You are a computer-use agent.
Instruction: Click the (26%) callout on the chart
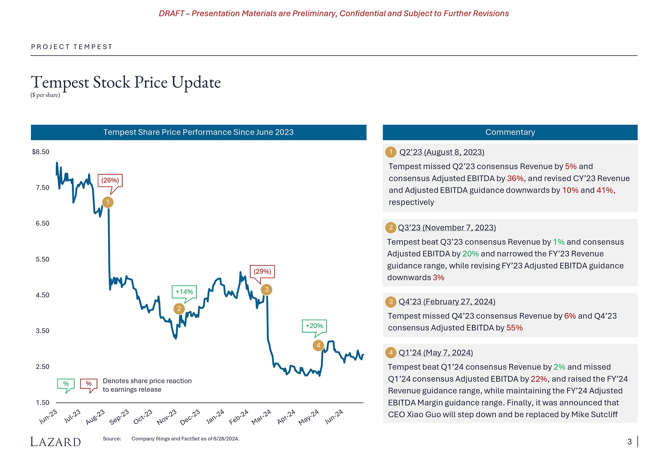[x=110, y=180]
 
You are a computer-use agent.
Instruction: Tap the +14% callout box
[x=184, y=292]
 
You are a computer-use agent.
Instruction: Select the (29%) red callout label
[x=262, y=271]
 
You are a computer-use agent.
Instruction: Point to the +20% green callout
[x=314, y=326]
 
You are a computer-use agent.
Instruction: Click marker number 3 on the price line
[x=266, y=290]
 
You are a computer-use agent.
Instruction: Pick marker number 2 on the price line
[x=179, y=309]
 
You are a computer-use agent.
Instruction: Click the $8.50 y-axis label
[x=40, y=152]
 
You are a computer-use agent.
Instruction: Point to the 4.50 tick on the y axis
[x=42, y=295]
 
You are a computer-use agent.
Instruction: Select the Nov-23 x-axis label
[x=167, y=417]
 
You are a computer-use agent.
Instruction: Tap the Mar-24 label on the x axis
[x=261, y=417]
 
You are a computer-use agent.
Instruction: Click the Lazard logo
[x=56, y=442]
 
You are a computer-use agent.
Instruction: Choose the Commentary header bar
[x=510, y=132]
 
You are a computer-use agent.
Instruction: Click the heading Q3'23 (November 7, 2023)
[x=447, y=228]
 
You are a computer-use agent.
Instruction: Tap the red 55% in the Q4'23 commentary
[x=514, y=328]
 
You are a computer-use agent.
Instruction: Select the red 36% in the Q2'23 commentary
[x=515, y=178]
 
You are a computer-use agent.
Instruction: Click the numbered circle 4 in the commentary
[x=391, y=353]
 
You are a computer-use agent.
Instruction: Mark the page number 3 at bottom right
[x=629, y=442]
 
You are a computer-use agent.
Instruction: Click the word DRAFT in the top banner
[x=171, y=13]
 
